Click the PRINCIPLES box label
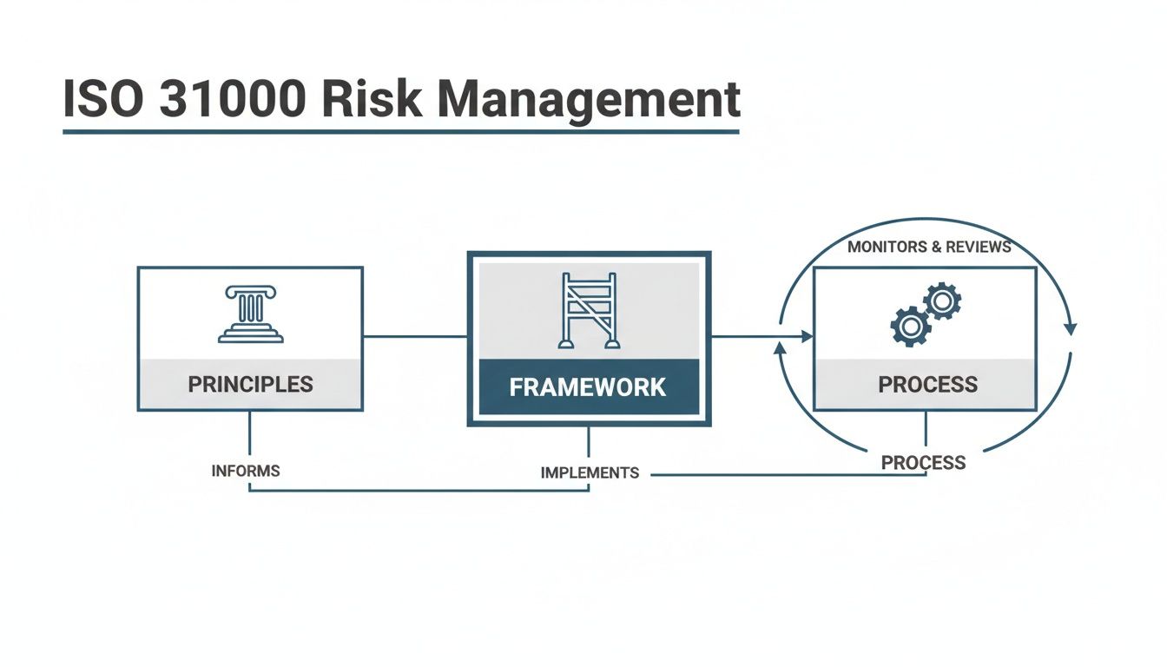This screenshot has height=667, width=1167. pos(250,384)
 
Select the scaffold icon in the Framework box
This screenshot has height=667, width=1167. pos(589,310)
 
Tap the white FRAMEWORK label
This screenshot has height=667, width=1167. pos(588,386)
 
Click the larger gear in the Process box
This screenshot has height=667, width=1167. pos(909,327)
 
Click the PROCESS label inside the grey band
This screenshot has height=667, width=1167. pos(927,384)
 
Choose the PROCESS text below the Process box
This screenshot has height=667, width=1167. pos(923,463)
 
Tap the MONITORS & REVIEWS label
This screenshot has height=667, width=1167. pos(929,247)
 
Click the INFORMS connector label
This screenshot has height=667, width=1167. pos(246,471)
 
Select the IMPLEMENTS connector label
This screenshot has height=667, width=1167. pos(590,473)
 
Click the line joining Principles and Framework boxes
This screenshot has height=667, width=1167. pos(415,336)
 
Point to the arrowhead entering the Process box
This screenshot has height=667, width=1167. pos(807,336)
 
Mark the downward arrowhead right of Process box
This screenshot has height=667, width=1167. pos(1070,329)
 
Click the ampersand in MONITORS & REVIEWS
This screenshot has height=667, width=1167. pos(936,247)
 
